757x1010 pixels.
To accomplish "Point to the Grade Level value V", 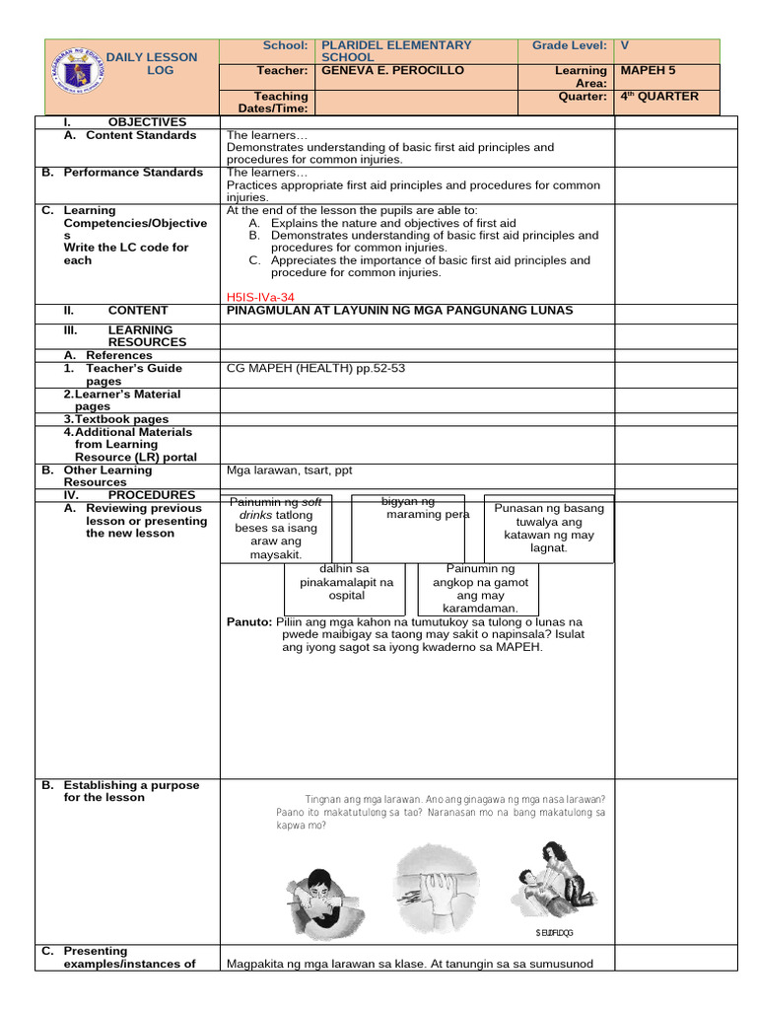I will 624,45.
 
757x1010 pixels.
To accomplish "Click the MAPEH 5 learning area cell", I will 646,71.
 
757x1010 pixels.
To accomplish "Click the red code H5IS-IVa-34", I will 260,296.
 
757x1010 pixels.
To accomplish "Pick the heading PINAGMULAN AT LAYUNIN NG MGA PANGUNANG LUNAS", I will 399,311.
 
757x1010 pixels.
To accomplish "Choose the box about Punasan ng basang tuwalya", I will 549,528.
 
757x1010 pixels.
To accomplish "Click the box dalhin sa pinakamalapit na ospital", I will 346,582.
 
